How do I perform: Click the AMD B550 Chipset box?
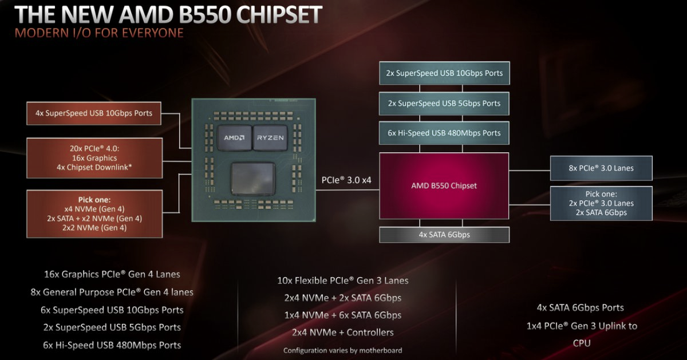[444, 185]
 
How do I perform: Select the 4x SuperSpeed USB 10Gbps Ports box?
[94, 113]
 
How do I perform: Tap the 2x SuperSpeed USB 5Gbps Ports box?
[444, 104]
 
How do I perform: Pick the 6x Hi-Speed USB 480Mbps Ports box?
[444, 133]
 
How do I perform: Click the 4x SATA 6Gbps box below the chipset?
[444, 235]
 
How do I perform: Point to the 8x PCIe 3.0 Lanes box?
[601, 168]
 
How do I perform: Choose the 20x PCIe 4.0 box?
[94, 158]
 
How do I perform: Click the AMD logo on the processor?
[234, 138]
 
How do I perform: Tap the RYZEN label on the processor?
[270, 138]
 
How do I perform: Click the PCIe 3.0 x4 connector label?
[346, 180]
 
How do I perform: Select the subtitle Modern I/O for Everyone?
[99, 33]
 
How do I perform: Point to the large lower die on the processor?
[253, 179]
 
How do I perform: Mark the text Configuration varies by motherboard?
[342, 350]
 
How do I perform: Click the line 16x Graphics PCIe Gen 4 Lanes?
[112, 274]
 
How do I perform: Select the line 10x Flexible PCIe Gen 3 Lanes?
[342, 280]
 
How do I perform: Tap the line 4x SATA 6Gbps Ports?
[581, 307]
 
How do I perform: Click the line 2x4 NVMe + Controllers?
[342, 333]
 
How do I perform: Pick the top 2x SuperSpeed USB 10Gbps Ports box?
[444, 73]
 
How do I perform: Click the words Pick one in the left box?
[94, 200]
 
